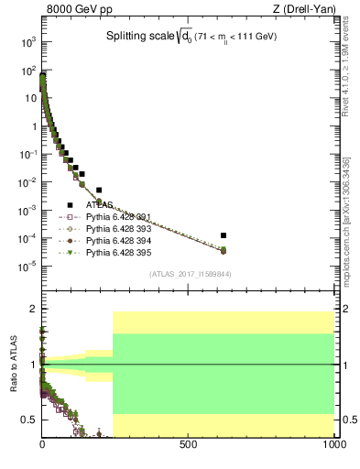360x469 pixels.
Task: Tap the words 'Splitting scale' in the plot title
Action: coord(136,36)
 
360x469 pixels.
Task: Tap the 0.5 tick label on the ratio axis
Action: coord(30,420)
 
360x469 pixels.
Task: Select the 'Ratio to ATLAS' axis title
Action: coord(14,364)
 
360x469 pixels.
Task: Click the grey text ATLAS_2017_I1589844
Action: coord(191,274)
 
